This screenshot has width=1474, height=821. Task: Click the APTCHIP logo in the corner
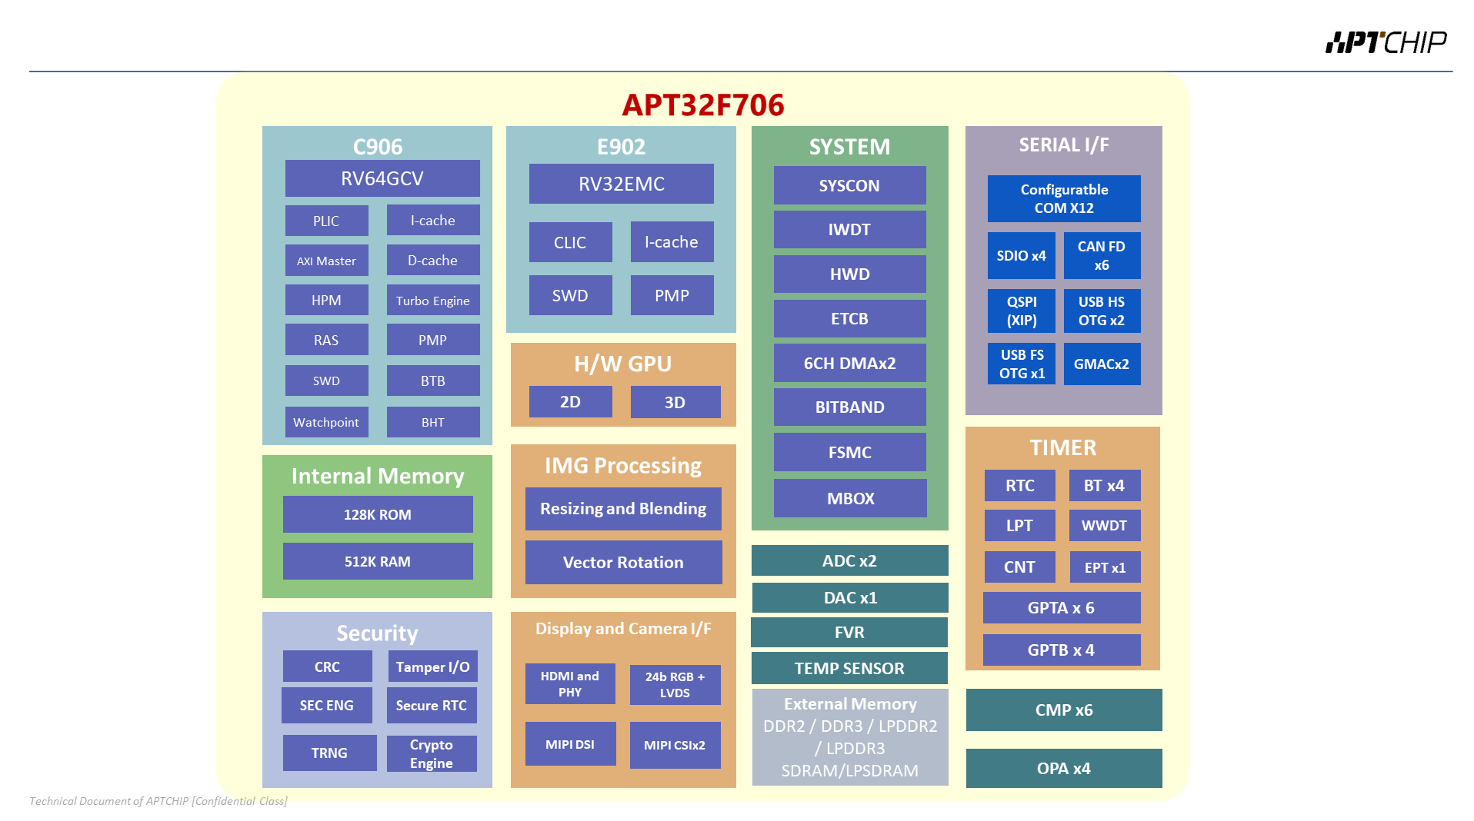pos(1386,42)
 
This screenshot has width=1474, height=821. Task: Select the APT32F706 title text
pos(703,105)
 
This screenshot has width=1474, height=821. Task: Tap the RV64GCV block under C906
pos(382,178)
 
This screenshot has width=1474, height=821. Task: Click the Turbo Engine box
pos(433,301)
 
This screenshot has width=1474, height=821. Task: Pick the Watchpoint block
pos(326,422)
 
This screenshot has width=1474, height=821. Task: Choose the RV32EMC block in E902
pos(622,184)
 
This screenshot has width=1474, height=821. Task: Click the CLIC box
pos(570,242)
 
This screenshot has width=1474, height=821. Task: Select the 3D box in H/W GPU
pos(675,402)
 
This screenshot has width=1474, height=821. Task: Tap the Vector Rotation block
pos(623,562)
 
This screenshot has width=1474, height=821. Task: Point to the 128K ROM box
pos(378,514)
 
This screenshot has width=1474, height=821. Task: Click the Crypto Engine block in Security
pos(432,753)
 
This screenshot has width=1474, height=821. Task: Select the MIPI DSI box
pos(570,744)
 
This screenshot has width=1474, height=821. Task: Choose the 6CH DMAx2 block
pos(850,363)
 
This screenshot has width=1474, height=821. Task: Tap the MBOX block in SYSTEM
pos(850,498)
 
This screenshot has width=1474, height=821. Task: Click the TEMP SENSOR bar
pos(849,668)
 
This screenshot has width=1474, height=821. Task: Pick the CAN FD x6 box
pos(1102,255)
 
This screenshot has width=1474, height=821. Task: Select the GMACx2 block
pos(1102,364)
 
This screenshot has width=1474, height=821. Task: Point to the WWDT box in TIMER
pos(1105,526)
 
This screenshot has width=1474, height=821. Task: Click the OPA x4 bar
pos(1064,768)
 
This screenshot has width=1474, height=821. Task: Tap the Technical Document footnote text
pos(158,801)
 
